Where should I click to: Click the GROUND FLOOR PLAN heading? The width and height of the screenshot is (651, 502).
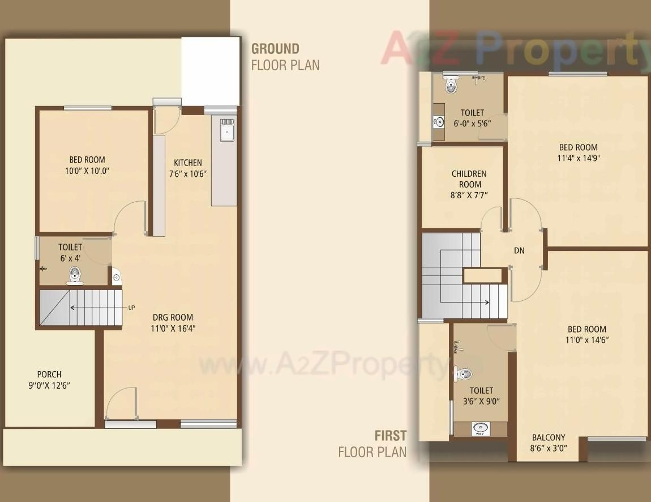pyautogui.click(x=285, y=57)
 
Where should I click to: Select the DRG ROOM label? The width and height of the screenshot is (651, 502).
pyautogui.click(x=173, y=317)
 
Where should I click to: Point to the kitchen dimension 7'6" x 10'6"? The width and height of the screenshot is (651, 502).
pyautogui.click(x=188, y=174)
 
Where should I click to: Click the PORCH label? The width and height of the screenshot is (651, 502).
pyautogui.click(x=49, y=374)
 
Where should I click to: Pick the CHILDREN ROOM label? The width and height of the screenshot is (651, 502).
pyautogui.click(x=469, y=178)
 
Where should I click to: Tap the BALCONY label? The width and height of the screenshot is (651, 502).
pyautogui.click(x=548, y=437)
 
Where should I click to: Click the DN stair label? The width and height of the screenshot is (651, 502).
pyautogui.click(x=519, y=250)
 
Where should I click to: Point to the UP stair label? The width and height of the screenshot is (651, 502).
pyautogui.click(x=131, y=308)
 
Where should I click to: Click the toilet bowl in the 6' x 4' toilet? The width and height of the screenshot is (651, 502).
pyautogui.click(x=75, y=276)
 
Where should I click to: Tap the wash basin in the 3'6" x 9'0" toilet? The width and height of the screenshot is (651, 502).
pyautogui.click(x=481, y=428)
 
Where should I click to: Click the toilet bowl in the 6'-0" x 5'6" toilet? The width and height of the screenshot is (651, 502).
pyautogui.click(x=451, y=85)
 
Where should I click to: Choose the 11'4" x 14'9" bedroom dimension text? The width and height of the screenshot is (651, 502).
pyautogui.click(x=578, y=158)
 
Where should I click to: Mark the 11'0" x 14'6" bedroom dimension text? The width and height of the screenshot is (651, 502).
pyautogui.click(x=586, y=340)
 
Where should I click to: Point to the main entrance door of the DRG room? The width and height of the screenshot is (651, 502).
pyautogui.click(x=122, y=403)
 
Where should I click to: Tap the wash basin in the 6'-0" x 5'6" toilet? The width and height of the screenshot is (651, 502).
pyautogui.click(x=439, y=121)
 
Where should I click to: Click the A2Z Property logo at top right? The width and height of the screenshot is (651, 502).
pyautogui.click(x=515, y=48)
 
